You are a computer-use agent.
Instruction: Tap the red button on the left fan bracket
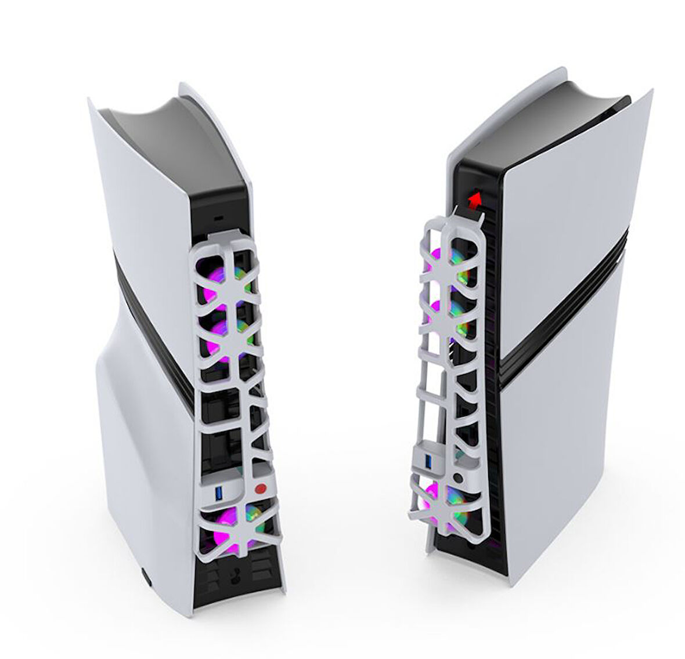coord(260,488)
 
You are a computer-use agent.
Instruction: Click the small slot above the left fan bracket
coord(219,218)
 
